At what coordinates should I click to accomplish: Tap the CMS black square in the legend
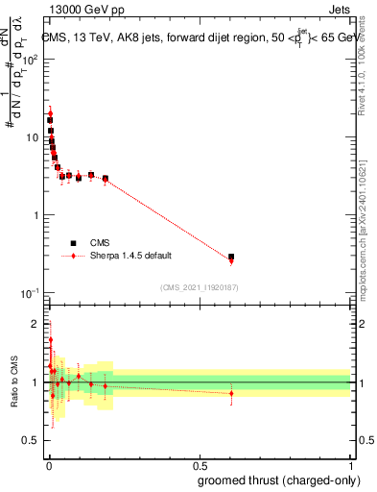pyautogui.click(x=73, y=243)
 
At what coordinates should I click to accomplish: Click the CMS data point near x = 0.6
pyautogui.click(x=231, y=257)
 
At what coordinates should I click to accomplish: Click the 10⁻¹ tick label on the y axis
pyautogui.click(x=32, y=293)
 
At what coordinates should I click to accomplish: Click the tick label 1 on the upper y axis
pyautogui.click(x=38, y=215)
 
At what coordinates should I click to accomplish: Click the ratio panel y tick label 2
pyautogui.click(x=37, y=323)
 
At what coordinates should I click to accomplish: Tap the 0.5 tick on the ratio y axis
pyautogui.click(x=34, y=441)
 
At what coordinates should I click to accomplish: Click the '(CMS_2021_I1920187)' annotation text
pyautogui.click(x=199, y=286)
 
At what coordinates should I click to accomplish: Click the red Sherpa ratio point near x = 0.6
pyautogui.click(x=231, y=393)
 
